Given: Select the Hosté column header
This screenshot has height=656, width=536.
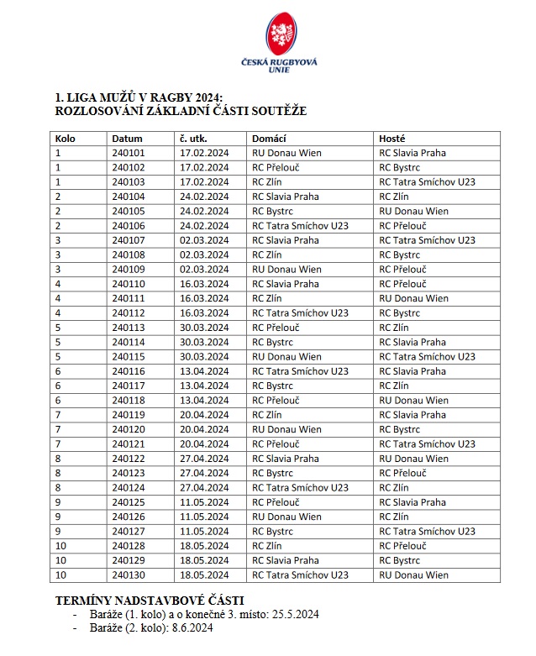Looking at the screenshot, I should coord(392,139).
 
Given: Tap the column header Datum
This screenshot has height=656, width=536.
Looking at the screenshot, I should coord(128,139).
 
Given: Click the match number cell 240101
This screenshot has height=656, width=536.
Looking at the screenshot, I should coord(128,153).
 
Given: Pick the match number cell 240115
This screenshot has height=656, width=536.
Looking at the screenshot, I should coord(128,357).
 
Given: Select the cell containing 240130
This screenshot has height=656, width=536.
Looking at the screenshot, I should coord(128,575).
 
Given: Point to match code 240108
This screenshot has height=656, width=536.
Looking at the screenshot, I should coord(128,255).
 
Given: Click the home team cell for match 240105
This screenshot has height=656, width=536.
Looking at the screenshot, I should coord(275,211).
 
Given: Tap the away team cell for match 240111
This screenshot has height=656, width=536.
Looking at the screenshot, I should coord(414,298).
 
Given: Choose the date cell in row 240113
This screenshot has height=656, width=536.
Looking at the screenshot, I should coord(204,328).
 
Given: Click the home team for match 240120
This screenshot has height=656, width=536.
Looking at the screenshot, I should coord(286,429).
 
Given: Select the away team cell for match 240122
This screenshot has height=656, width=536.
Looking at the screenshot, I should coord(414,459).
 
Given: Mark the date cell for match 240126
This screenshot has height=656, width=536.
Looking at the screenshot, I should coord(204,517).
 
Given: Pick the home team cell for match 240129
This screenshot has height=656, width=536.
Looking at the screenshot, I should coord(286,560).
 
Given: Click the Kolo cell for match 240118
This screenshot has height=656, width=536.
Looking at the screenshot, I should coord(58,401).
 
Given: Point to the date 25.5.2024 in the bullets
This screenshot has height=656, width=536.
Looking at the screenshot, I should coord(293,614).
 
